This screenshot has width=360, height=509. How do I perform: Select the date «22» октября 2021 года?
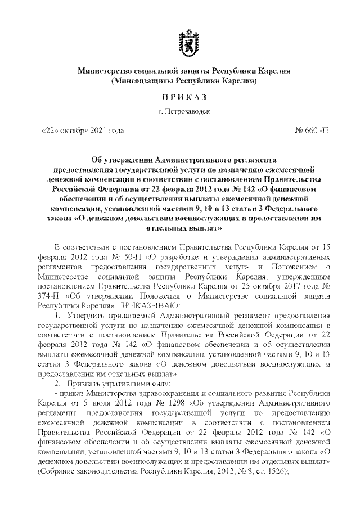coord(83,131)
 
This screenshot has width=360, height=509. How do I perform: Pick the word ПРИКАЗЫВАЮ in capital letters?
coord(148,305)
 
